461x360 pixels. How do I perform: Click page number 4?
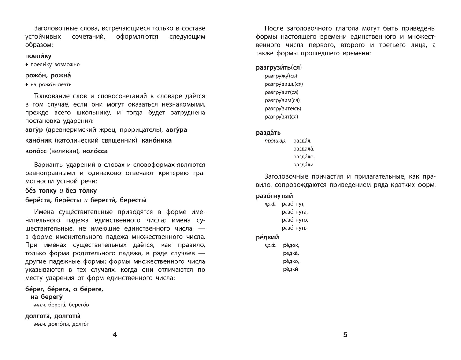pos(115,334)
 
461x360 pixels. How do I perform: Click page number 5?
pos(345,334)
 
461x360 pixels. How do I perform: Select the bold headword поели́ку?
pos(38,56)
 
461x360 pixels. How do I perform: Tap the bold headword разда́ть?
pos(268,133)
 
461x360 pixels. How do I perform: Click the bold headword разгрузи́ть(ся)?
pos(279,68)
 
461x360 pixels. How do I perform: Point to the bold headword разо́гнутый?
pos(274,196)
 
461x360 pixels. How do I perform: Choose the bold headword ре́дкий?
pos(267,237)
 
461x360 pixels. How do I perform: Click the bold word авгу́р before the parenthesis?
pos(34,130)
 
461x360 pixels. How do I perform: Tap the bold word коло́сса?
pos(95,151)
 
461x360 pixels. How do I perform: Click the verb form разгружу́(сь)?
pos(281,76)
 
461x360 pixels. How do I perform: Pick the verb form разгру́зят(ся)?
pos(281,117)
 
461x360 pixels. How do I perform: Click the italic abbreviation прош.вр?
pos(275,141)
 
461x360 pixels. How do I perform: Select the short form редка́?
pos(291,253)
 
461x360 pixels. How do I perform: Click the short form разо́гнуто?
pos(295,220)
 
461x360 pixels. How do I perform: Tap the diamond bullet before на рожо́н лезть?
pos(27,84)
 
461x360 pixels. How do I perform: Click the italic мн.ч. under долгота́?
pos(40,324)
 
